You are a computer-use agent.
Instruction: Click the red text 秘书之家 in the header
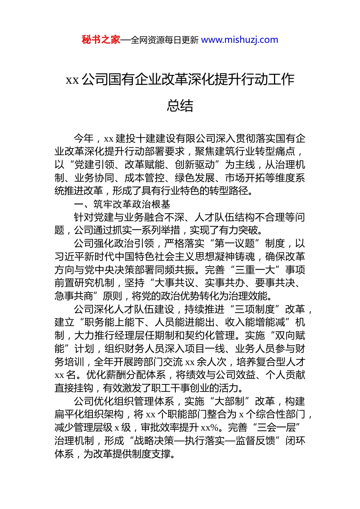pos(101,40)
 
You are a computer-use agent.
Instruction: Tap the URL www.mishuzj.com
pos(239,40)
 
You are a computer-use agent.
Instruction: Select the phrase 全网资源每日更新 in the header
pos(164,40)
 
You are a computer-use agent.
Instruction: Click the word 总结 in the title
pos(180,106)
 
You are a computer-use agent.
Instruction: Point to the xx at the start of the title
pos(72,80)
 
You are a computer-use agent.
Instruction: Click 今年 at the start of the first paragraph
pos(84,139)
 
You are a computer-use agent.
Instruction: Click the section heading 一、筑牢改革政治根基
pos(122,205)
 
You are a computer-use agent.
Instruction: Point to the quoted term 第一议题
pos(235,244)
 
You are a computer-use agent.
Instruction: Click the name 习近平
pos(69,257)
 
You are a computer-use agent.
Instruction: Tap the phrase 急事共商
pos(74,296)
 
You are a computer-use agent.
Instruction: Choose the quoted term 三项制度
pos(255,309)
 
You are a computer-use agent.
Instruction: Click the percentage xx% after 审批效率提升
pos(210,428)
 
